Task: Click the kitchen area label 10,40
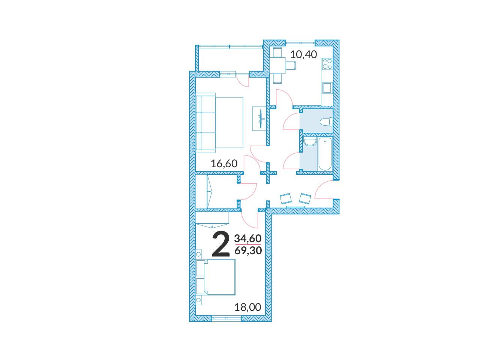click(303, 54)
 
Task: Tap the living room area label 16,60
click(224, 163)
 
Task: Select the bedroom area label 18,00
click(247, 307)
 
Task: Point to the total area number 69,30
click(248, 250)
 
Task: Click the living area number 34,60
click(248, 238)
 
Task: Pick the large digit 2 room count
click(221, 244)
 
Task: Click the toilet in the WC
click(326, 122)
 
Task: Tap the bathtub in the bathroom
click(325, 154)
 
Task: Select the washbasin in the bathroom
click(310, 142)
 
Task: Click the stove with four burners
click(327, 64)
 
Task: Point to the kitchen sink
click(327, 88)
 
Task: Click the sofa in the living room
click(205, 123)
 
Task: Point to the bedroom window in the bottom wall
click(227, 319)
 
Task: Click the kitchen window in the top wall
click(300, 43)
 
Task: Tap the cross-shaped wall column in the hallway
click(268, 173)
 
